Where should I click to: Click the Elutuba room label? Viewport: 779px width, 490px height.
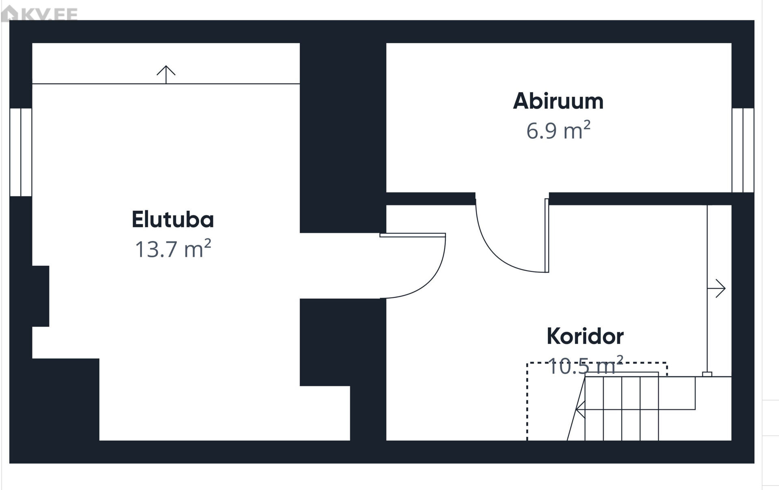[x=172, y=220]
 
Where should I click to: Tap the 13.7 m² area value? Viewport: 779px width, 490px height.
[x=172, y=249]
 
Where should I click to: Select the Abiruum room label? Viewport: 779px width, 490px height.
[x=558, y=101]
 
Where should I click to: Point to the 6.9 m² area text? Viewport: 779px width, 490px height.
[x=558, y=131]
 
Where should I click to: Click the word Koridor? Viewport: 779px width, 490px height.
[x=585, y=336]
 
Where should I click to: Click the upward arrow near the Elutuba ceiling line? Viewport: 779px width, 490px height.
[x=166, y=73]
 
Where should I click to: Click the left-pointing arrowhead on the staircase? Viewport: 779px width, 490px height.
[x=580, y=409]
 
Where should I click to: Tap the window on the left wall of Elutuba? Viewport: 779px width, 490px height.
[x=21, y=152]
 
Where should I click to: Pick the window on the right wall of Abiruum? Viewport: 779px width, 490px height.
[x=743, y=150]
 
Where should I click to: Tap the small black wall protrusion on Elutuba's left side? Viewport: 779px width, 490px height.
[x=41, y=296]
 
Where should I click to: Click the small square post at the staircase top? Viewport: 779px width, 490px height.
[x=707, y=374]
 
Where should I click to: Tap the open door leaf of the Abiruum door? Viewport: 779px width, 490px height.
[x=547, y=235]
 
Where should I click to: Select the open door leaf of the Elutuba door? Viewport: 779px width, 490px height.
[x=413, y=235]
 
